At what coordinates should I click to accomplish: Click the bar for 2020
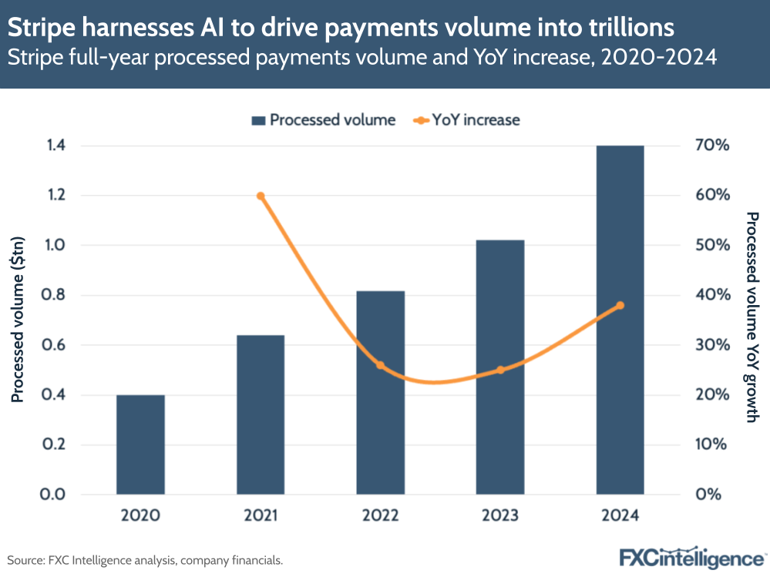[140, 444]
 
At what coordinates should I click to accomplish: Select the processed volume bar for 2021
[261, 414]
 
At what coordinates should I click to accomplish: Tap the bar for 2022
[380, 392]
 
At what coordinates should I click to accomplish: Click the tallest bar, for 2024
[620, 320]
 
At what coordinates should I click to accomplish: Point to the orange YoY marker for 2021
[261, 196]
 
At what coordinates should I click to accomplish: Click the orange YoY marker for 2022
[380, 364]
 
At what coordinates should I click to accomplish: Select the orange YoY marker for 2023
[500, 370]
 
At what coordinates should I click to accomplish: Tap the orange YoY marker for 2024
[620, 306]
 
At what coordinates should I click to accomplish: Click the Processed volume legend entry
[323, 120]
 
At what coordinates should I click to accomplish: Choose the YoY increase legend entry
[468, 120]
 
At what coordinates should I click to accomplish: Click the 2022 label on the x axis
[380, 515]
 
